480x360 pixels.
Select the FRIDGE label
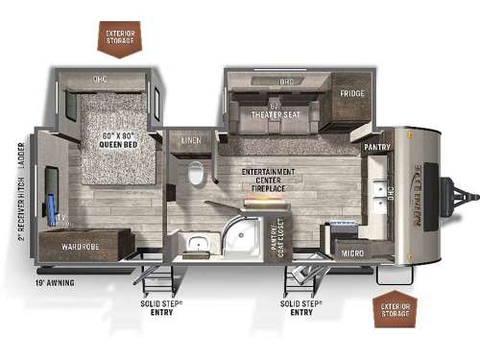coord(350,94)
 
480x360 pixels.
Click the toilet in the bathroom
coord(197,174)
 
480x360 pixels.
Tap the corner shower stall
coord(241,234)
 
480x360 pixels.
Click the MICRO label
coord(350,252)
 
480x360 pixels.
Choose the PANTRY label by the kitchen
coord(375,147)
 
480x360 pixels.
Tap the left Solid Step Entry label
coord(158,307)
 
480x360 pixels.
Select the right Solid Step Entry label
coord(300,307)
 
